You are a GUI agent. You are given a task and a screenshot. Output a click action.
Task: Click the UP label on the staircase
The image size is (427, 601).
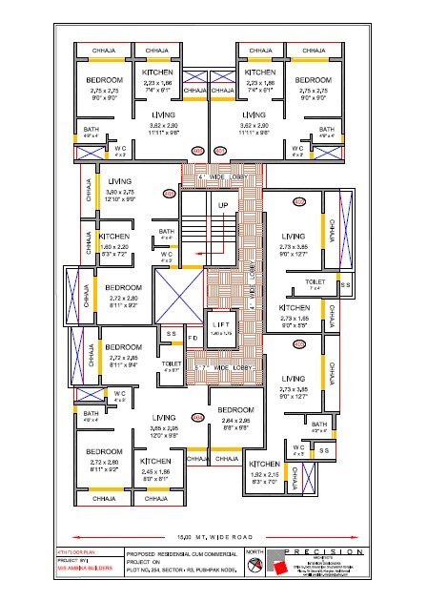pos(224,205)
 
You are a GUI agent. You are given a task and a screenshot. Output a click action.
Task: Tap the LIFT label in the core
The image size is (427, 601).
pos(221,325)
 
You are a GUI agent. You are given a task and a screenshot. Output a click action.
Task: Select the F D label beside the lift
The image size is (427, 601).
pos(192,339)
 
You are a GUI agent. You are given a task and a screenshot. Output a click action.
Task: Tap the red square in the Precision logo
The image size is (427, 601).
pos(279,567)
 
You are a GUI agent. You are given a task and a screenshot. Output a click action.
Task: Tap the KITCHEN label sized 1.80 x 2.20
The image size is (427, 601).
pos(114,236)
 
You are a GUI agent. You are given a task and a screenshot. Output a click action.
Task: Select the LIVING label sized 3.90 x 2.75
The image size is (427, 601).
pos(120,180)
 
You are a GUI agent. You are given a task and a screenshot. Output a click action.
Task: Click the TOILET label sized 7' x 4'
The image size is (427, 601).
pos(315,282)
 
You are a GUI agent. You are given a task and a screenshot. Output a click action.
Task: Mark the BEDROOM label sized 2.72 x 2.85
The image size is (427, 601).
pos(124,346)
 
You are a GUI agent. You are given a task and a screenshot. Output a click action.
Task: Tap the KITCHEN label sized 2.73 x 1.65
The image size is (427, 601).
pos(295,308)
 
